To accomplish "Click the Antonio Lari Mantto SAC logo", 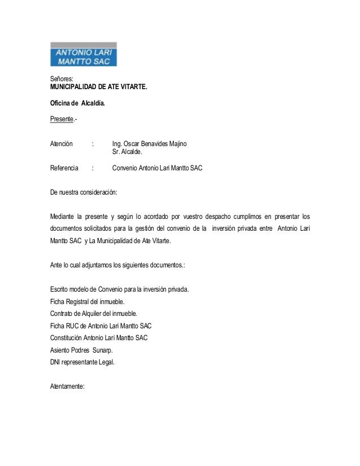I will [x=84, y=55].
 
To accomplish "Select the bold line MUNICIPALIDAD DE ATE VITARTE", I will [x=98, y=88].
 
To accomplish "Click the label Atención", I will [x=62, y=144].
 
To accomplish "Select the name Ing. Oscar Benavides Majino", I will [x=150, y=144].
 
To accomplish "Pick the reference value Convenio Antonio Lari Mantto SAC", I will [x=157, y=168].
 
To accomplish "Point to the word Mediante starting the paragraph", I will [x=63, y=217].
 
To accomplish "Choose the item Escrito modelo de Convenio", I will [x=120, y=290].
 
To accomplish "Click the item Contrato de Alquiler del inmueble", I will [x=94, y=314].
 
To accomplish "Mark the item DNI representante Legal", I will [x=82, y=362].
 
